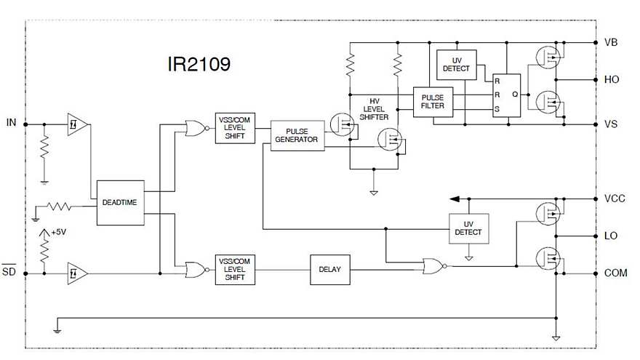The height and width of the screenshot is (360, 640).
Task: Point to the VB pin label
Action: coord(611,42)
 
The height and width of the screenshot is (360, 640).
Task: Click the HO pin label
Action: coord(611,79)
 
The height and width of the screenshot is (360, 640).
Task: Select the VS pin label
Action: coord(611,124)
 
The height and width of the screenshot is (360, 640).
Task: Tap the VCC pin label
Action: coord(614,199)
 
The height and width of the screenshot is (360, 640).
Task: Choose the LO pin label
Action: coord(611,236)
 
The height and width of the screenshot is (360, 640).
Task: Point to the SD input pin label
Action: coord(10,273)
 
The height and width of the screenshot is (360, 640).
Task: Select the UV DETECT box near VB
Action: coord(456,64)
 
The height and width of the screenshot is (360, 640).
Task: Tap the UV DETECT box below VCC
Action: coord(468,228)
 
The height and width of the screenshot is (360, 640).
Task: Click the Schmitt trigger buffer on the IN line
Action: coord(76,124)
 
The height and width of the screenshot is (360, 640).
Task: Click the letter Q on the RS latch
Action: coord(515,93)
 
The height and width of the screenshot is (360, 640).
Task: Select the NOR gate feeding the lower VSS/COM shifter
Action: coord(195,270)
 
